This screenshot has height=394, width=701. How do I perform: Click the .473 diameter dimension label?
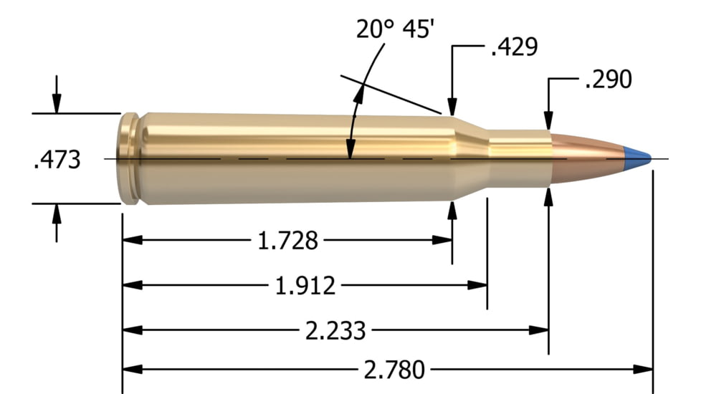pyautogui.click(x=57, y=159)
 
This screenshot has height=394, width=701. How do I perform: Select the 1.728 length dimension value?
pyautogui.click(x=287, y=240)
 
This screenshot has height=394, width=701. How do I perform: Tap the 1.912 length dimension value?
pyautogui.click(x=305, y=285)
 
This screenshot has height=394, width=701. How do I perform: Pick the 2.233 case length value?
pyautogui.click(x=335, y=330)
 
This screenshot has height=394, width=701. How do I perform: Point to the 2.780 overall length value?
pyautogui.click(x=394, y=370)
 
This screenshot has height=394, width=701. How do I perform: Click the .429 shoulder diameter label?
pyautogui.click(x=513, y=47)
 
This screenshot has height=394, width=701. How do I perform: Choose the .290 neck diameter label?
pyautogui.click(x=609, y=80)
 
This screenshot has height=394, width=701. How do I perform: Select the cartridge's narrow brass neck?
pyautogui.click(x=520, y=158)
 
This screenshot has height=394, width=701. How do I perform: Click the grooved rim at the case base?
pyautogui.click(x=129, y=158)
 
